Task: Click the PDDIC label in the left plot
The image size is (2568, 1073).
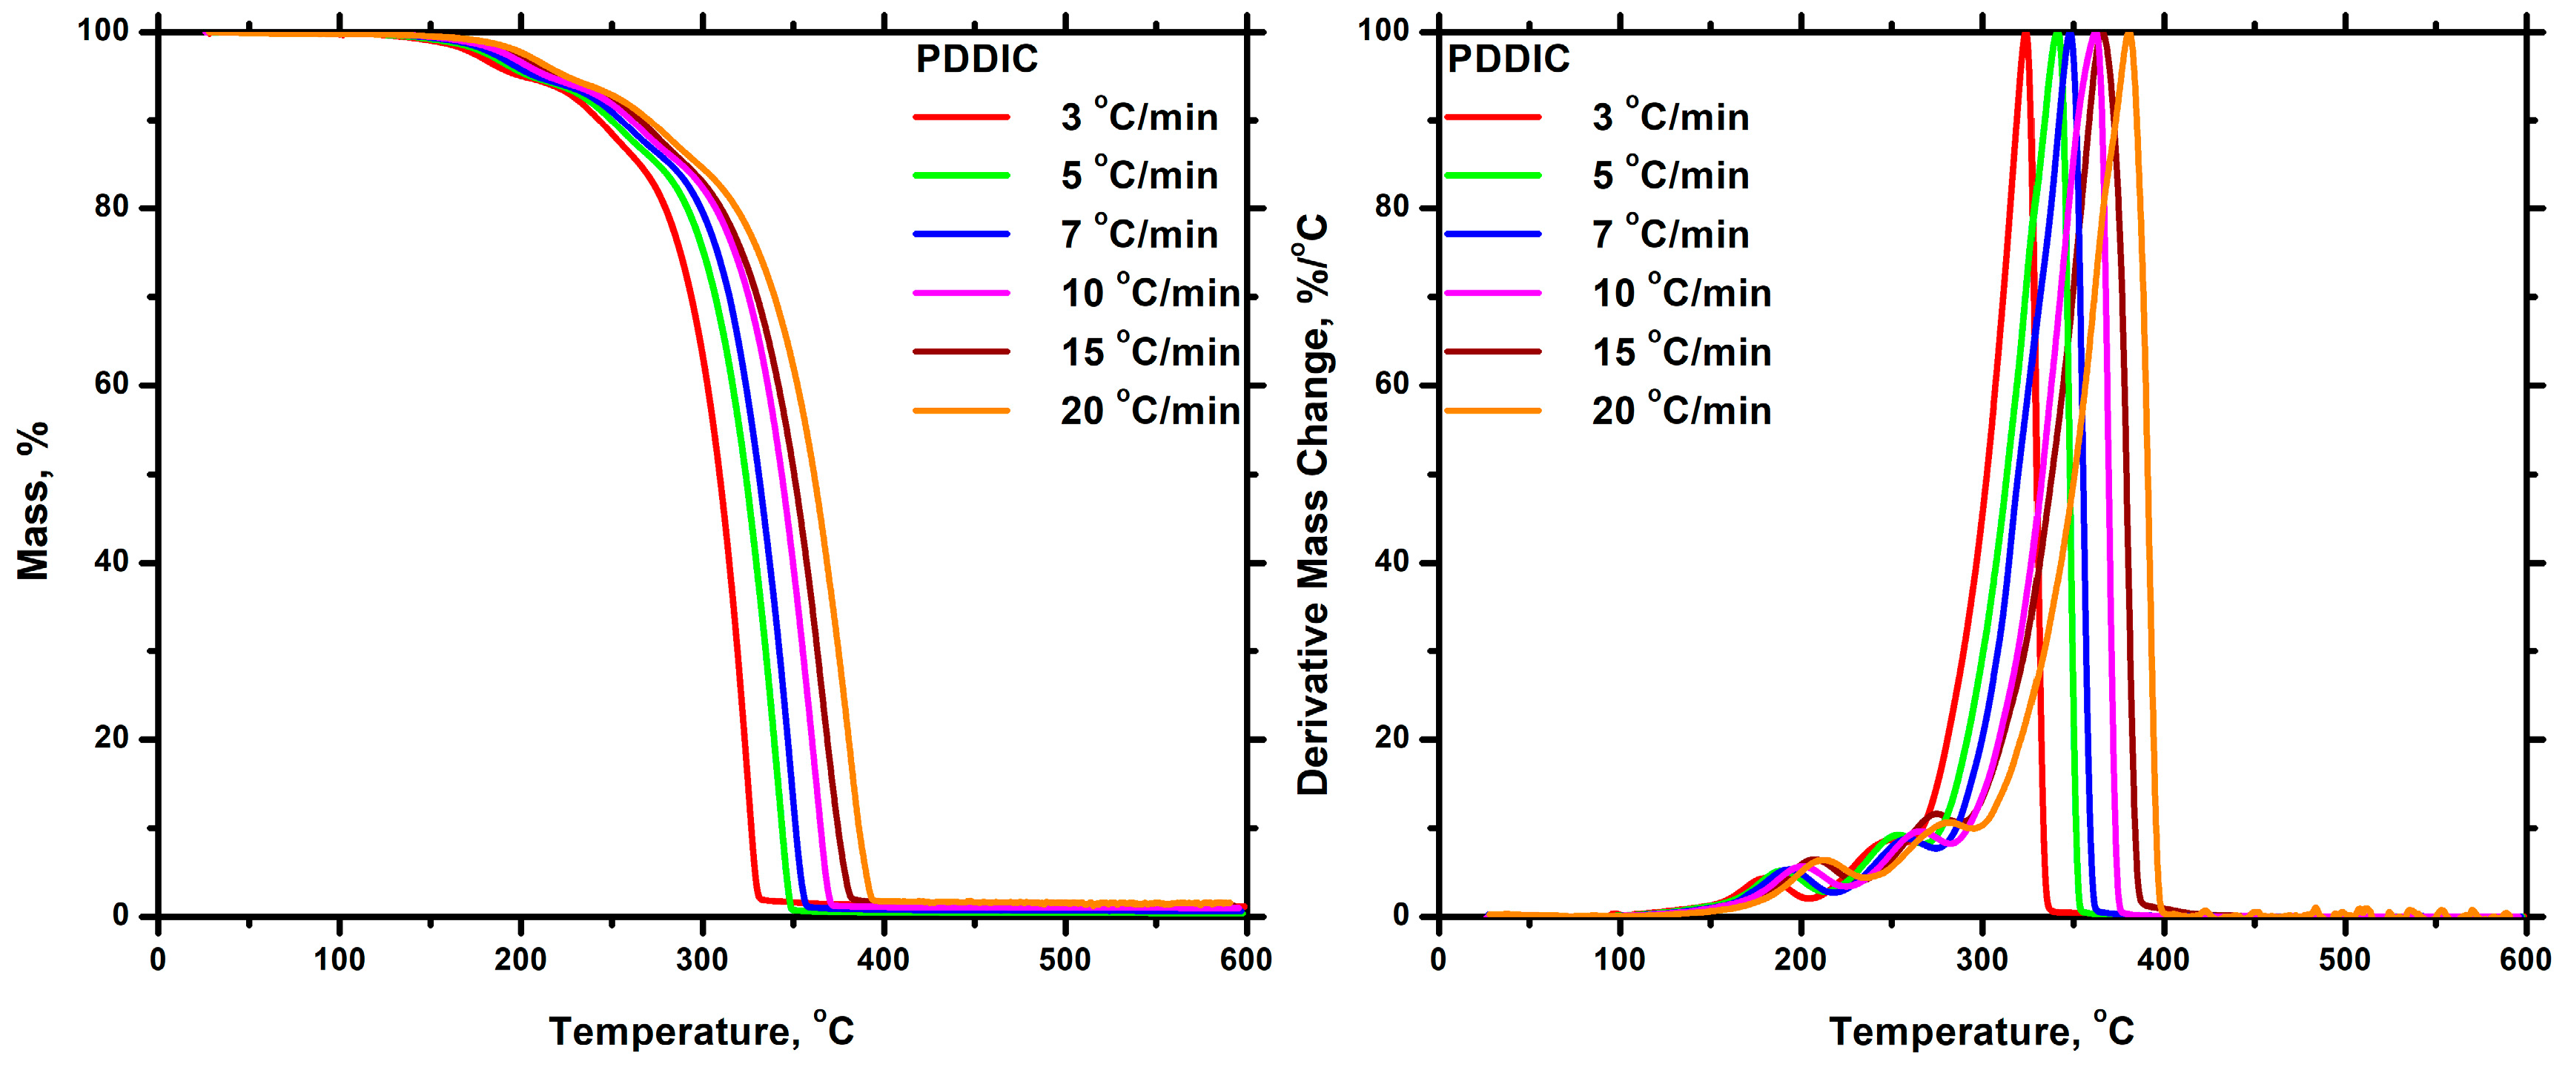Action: (x=976, y=60)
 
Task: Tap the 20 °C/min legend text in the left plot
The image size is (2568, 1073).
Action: (x=1149, y=411)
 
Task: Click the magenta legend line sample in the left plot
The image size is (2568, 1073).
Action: (x=961, y=293)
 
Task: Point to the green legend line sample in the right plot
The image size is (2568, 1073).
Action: (x=1492, y=176)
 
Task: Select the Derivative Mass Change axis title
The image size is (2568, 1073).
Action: (x=1312, y=504)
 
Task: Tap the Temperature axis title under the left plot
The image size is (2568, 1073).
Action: (x=701, y=1030)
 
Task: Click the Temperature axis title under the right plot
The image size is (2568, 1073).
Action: (x=1981, y=1030)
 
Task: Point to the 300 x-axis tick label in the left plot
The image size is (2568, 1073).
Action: (x=702, y=960)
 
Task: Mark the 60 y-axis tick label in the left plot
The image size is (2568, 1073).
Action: (x=112, y=384)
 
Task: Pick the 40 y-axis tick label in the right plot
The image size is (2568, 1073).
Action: (x=1391, y=561)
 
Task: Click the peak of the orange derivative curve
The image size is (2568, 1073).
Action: (x=2128, y=36)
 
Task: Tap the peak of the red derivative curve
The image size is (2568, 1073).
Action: (x=2025, y=36)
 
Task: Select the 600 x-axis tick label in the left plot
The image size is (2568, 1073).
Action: (x=1245, y=960)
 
